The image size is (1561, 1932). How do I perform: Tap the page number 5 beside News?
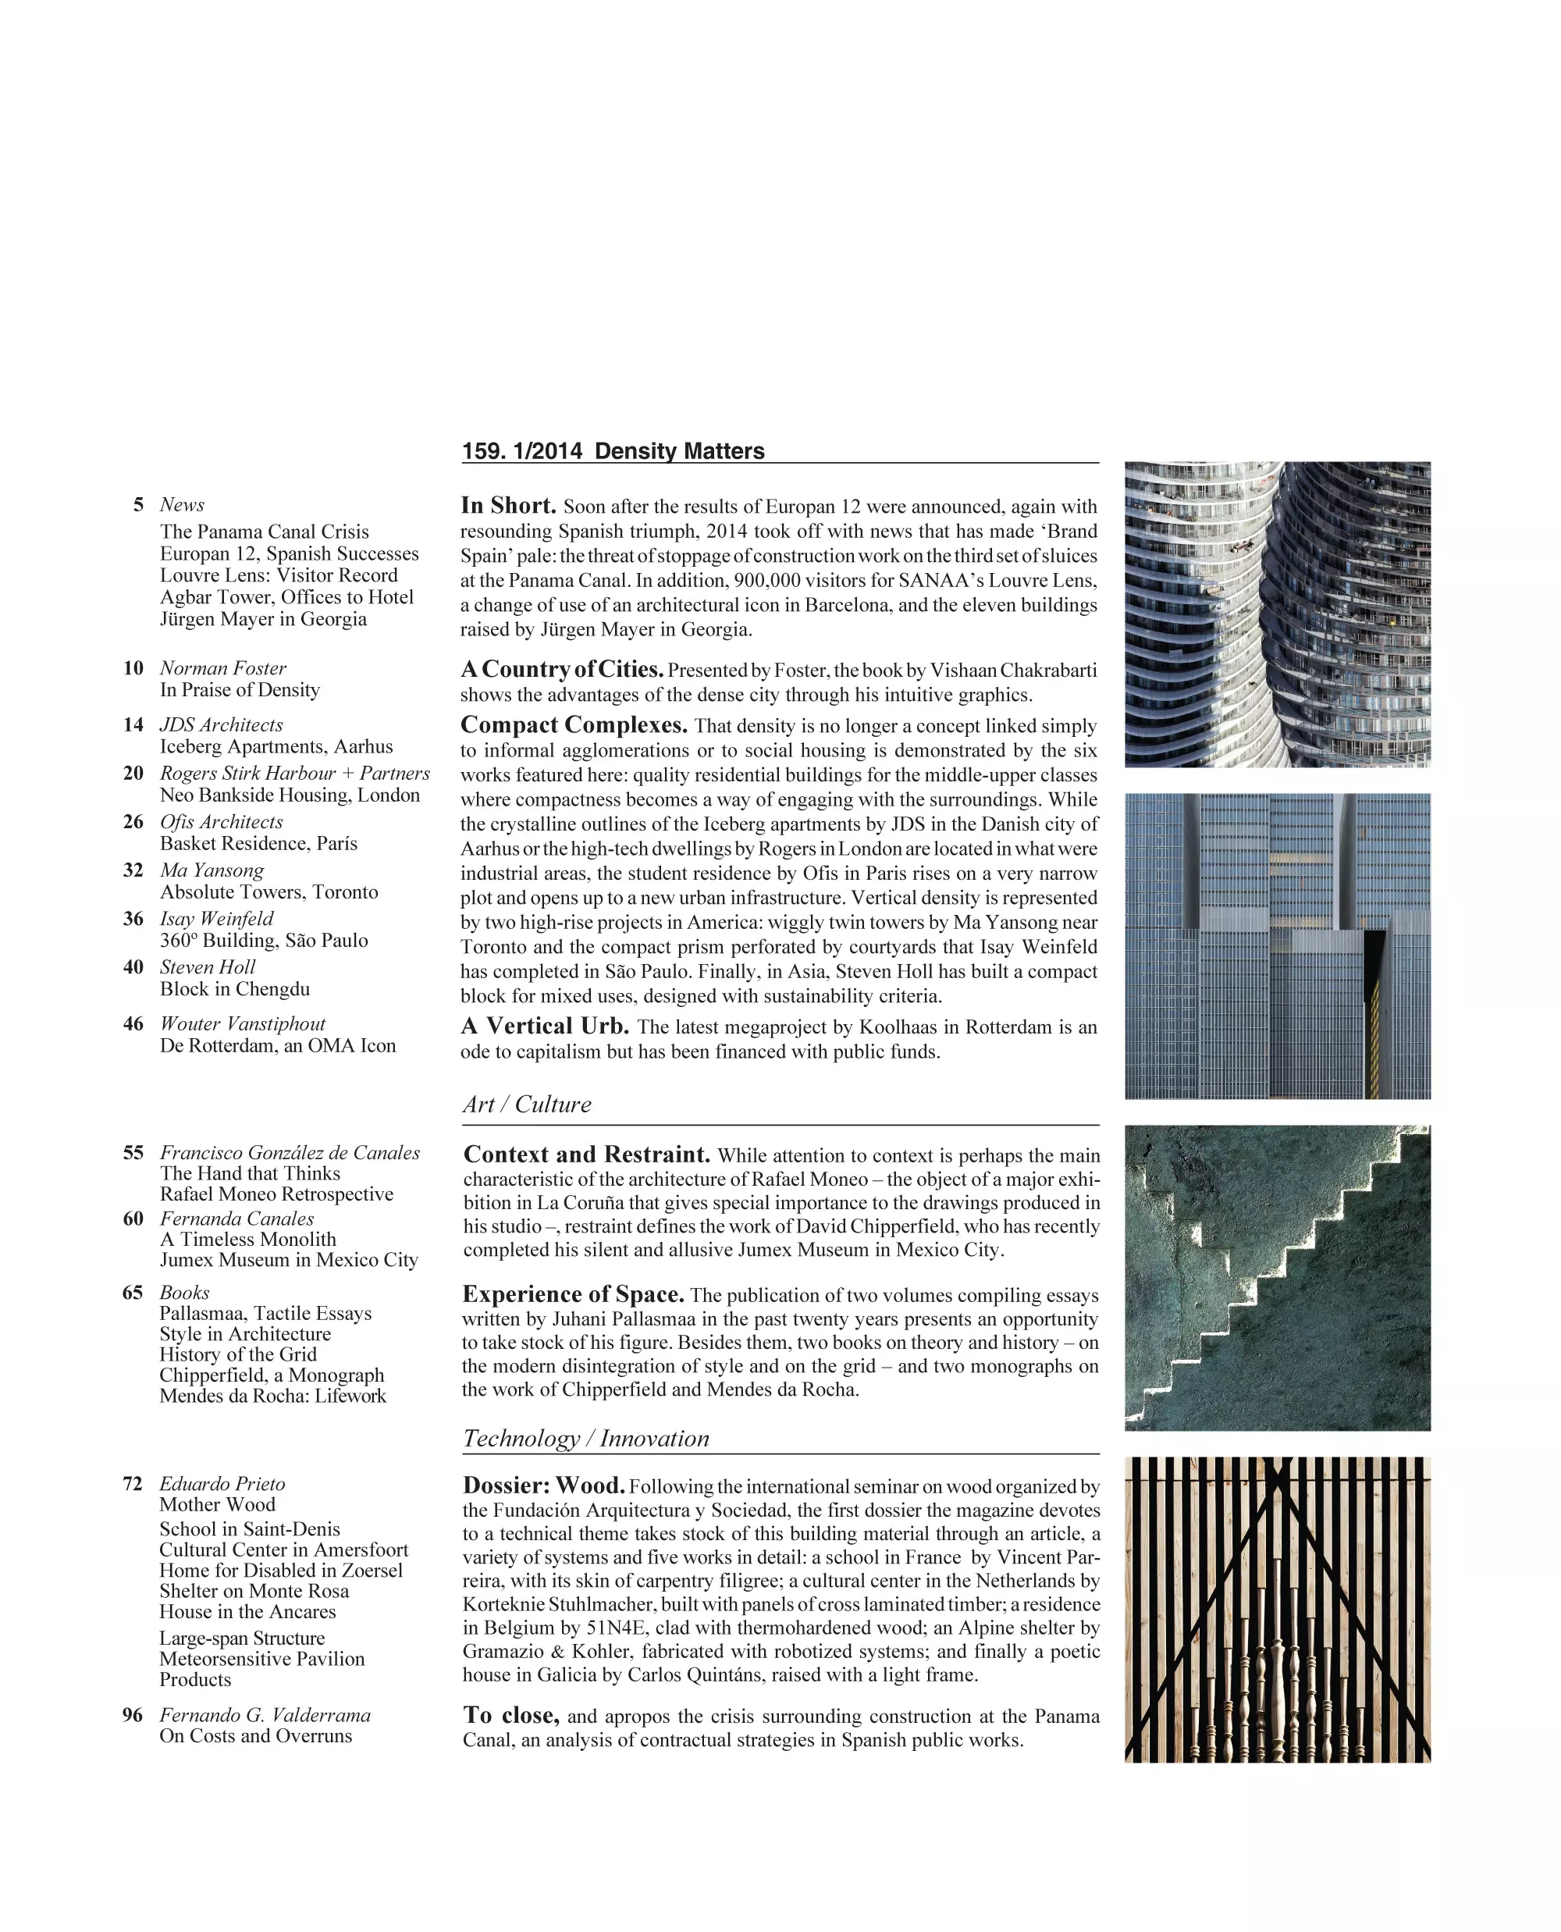coord(138,504)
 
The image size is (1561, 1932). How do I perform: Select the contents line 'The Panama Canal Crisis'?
coord(265,532)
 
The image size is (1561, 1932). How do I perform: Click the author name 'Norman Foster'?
coord(223,668)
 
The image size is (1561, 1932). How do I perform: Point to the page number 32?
coord(133,870)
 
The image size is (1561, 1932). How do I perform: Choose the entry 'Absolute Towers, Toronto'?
coord(268,892)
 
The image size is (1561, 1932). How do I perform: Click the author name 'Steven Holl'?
coord(208,968)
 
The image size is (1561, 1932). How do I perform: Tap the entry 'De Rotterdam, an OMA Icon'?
coord(278,1046)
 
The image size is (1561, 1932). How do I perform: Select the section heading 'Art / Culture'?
coord(527,1105)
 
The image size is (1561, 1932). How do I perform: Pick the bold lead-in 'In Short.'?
coord(508,506)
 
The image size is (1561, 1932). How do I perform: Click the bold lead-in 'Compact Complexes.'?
coord(574,725)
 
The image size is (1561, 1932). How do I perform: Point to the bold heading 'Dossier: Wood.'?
coord(543,1485)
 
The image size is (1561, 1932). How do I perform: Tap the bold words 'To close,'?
coord(510,1715)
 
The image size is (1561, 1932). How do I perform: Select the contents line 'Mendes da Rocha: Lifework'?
coord(272,1396)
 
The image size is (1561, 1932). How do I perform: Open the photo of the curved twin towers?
coord(1277,614)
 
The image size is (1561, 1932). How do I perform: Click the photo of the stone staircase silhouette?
coord(1277,1277)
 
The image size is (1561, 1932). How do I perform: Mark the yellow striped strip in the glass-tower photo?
coord(1373,1044)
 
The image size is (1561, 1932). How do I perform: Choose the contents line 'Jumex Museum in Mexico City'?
coord(289,1260)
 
